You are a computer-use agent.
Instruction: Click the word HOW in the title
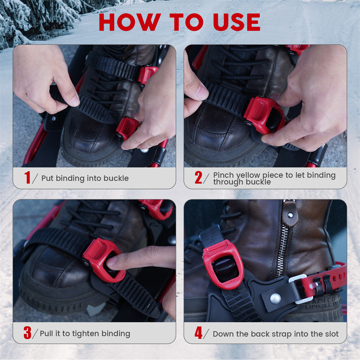(130, 22)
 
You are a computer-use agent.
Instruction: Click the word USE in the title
(237, 22)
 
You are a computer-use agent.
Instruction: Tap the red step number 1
(28, 177)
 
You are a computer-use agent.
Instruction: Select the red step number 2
(198, 177)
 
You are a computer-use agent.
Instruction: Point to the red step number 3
(27, 333)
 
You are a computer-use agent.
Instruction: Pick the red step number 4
(198, 333)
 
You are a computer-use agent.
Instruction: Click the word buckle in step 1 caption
(116, 178)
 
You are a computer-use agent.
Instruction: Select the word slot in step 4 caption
(331, 334)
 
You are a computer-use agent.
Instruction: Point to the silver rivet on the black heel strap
(275, 299)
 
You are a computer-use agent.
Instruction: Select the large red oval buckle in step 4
(223, 264)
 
